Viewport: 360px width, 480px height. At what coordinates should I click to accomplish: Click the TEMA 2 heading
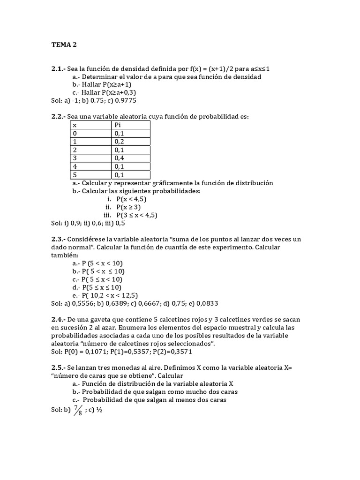(64, 45)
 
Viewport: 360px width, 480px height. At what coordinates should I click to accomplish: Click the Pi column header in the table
(118, 125)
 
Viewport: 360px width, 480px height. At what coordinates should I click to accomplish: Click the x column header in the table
(75, 125)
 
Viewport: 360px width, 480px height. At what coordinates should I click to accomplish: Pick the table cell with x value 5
(75, 175)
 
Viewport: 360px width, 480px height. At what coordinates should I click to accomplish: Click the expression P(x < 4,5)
(134, 199)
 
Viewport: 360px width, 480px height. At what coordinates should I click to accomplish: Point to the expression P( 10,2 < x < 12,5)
(109, 295)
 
